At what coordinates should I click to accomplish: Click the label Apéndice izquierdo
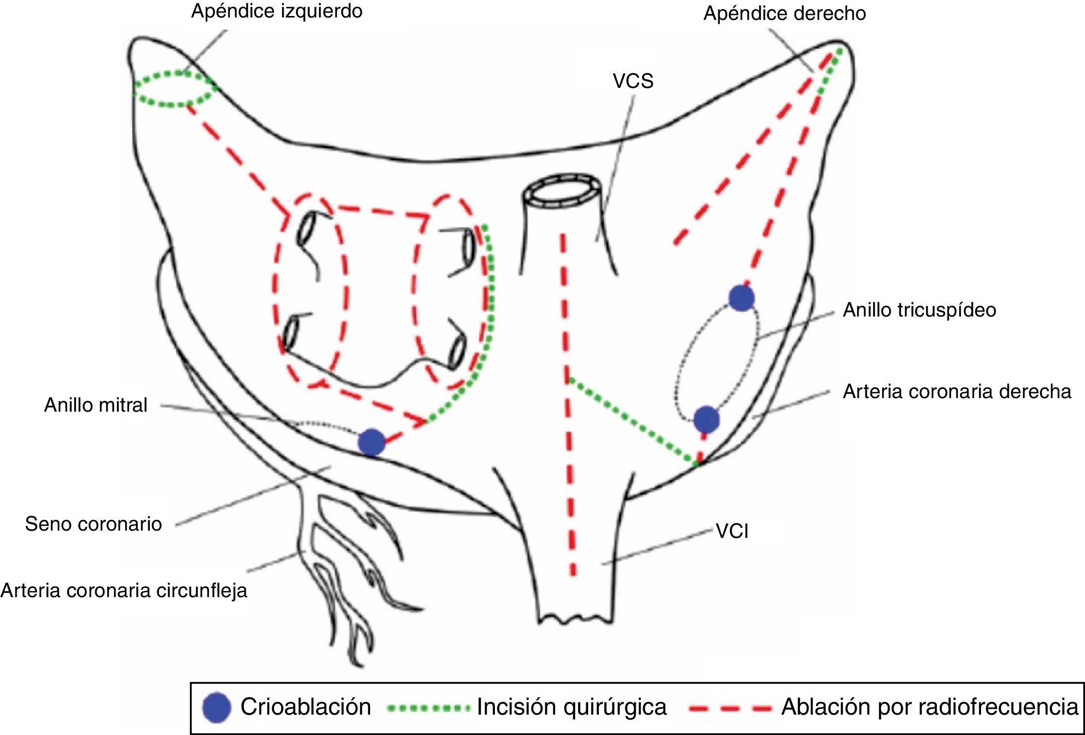click(x=277, y=11)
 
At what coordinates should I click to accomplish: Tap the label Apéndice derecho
click(x=784, y=13)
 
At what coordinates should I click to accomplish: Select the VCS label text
click(x=633, y=81)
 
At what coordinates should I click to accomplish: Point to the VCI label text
click(x=732, y=532)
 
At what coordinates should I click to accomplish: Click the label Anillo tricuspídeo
click(x=919, y=310)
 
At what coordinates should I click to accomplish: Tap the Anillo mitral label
click(x=96, y=405)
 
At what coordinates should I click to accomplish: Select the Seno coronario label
click(x=93, y=524)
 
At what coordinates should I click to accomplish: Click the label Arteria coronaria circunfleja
click(x=124, y=590)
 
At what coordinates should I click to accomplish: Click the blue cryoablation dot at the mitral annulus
click(x=372, y=442)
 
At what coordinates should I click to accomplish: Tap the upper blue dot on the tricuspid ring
click(x=742, y=298)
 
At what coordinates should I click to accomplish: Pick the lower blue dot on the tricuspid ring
click(x=706, y=419)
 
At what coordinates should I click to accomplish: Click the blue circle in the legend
click(x=217, y=707)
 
